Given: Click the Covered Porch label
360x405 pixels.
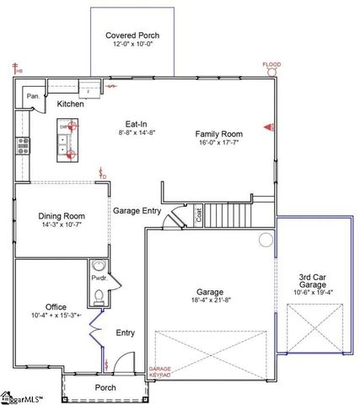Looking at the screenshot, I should [x=132, y=35].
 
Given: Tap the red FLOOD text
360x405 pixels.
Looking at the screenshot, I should [x=271, y=65].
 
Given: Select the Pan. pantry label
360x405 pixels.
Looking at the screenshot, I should [x=32, y=96].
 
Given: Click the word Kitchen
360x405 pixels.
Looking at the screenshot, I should [x=70, y=104].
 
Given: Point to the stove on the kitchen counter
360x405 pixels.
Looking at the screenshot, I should [x=23, y=146].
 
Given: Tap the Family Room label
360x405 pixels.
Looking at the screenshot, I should [x=219, y=133].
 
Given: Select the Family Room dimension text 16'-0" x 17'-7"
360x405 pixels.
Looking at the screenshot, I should [x=219, y=143].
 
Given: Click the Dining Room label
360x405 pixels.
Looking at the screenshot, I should [x=61, y=215].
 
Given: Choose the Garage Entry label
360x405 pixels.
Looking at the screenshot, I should [x=137, y=211].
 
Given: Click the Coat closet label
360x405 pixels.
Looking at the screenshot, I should [x=199, y=215].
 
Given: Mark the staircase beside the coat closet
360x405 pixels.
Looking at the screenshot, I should [x=229, y=215].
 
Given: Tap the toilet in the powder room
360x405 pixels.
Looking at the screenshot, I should [x=99, y=295].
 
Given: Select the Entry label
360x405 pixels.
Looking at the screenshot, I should [x=125, y=332].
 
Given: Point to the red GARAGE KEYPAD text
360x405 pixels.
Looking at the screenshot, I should [x=160, y=372].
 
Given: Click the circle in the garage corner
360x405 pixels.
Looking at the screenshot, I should [x=266, y=240].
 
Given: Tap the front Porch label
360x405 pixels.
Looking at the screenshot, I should [x=105, y=388].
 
